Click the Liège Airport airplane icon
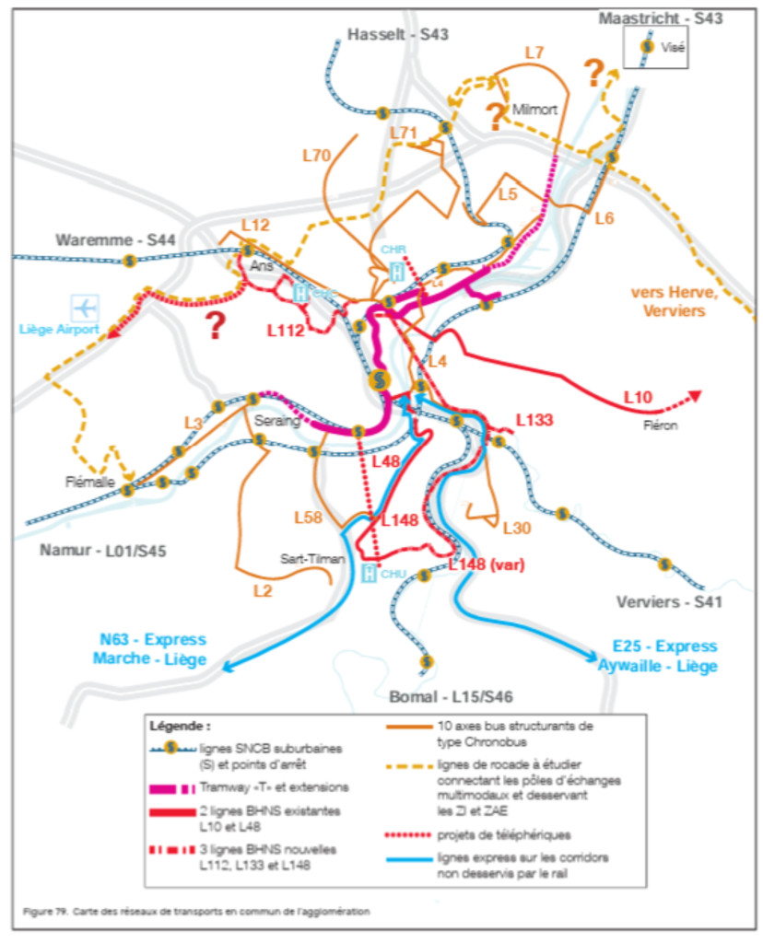coord(86,306)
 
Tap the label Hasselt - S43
coord(397,35)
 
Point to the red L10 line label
coord(639,396)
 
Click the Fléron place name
coord(661,425)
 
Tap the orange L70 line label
coord(316,156)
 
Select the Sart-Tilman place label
coord(307,559)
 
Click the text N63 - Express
coord(153,640)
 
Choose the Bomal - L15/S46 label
coord(440,694)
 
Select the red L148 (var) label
coord(486,565)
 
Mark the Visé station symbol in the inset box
coord(648,46)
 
